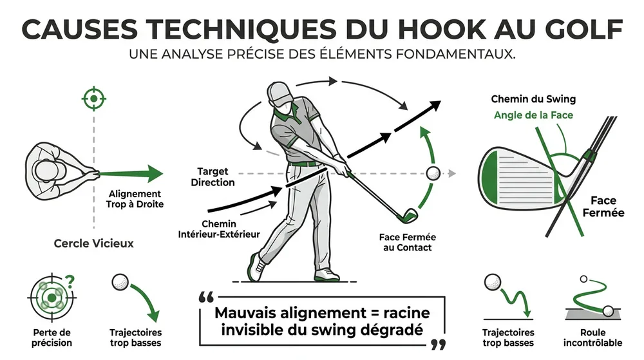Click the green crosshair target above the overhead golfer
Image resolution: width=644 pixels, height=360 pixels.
tap(94, 99)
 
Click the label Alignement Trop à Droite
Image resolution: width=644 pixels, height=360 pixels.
tap(136, 199)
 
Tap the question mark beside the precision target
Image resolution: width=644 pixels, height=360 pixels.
tap(71, 281)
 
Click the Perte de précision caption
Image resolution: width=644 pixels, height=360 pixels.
tap(51, 337)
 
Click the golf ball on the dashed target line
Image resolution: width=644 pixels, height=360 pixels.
tap(433, 173)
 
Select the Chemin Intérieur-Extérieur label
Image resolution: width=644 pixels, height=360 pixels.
tap(219, 229)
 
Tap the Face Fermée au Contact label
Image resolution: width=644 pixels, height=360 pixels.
tap(406, 242)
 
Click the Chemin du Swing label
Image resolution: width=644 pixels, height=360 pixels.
tap(533, 99)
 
